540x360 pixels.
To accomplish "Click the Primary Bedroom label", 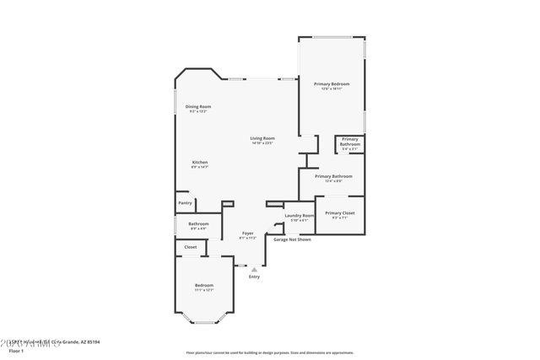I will [x=331, y=84].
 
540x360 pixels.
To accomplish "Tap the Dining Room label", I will [x=199, y=107].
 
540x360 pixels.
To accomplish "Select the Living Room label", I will [x=262, y=138].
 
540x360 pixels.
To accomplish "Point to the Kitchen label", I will [x=199, y=162].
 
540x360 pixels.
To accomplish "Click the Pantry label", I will [x=185, y=202].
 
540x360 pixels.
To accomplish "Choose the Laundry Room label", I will [x=299, y=216].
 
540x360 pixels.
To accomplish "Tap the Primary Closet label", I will [x=339, y=213].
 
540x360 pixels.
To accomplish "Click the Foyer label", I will [x=247, y=233].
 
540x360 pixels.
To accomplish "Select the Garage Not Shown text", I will [x=292, y=239].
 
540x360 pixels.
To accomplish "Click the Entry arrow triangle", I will [x=254, y=269].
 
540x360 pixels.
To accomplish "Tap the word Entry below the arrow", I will [x=254, y=277].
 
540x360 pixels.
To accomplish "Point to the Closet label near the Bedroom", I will [x=191, y=247].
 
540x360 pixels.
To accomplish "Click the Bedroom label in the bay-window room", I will [x=203, y=285].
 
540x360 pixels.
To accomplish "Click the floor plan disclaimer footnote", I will [x=269, y=352].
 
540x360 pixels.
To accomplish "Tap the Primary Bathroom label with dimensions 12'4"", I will [x=332, y=176].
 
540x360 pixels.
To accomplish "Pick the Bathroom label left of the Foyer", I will [x=198, y=223].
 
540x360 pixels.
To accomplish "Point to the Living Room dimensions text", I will [x=262, y=143].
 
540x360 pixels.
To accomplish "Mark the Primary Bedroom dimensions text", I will [x=331, y=89].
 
